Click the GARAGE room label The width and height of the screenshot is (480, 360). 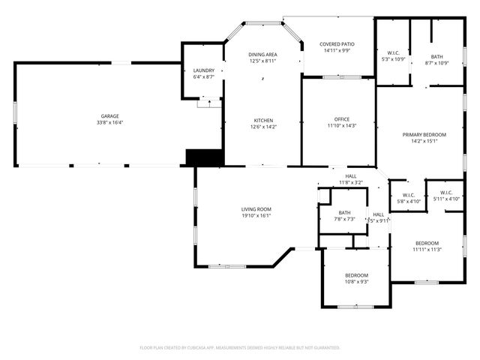click(110, 116)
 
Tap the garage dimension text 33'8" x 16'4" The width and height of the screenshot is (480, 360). click(110, 123)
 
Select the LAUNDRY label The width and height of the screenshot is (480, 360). click(204, 70)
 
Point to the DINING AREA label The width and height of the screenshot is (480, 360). click(262, 54)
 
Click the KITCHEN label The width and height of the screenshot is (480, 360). click(262, 120)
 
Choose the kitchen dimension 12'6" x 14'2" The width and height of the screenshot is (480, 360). click(262, 127)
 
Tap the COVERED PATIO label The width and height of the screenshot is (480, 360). click(337, 44)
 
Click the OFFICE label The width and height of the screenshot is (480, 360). click(342, 119)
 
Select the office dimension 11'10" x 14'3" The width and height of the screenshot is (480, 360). click(342, 126)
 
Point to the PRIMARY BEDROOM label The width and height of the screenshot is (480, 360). click(424, 134)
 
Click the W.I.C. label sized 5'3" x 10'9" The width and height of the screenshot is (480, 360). click(393, 52)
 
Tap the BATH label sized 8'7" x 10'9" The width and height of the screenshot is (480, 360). click(436, 57)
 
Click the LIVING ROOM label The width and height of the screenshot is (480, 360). click(256, 209)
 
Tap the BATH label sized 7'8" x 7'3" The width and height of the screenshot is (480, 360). click(344, 213)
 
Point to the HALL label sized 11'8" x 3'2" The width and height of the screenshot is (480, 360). click(351, 176)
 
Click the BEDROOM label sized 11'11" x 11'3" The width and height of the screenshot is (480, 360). click(427, 243)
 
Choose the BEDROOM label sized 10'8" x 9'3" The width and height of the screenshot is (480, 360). click(356, 275)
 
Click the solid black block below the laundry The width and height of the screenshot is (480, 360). click(205, 157)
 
